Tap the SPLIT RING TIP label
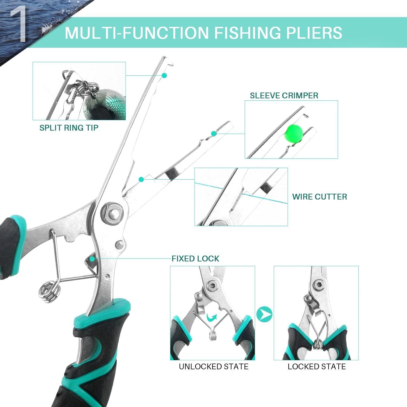[69, 128]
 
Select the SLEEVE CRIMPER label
[284, 96]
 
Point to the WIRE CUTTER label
[319, 197]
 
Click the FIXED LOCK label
[195, 259]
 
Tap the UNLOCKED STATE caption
[214, 367]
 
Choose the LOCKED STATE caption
[317, 367]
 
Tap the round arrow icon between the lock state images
[264, 314]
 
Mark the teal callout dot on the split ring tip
[164, 75]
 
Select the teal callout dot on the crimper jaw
[214, 133]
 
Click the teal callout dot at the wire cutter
[141, 179]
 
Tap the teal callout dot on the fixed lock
[92, 259]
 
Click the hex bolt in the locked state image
[317, 285]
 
